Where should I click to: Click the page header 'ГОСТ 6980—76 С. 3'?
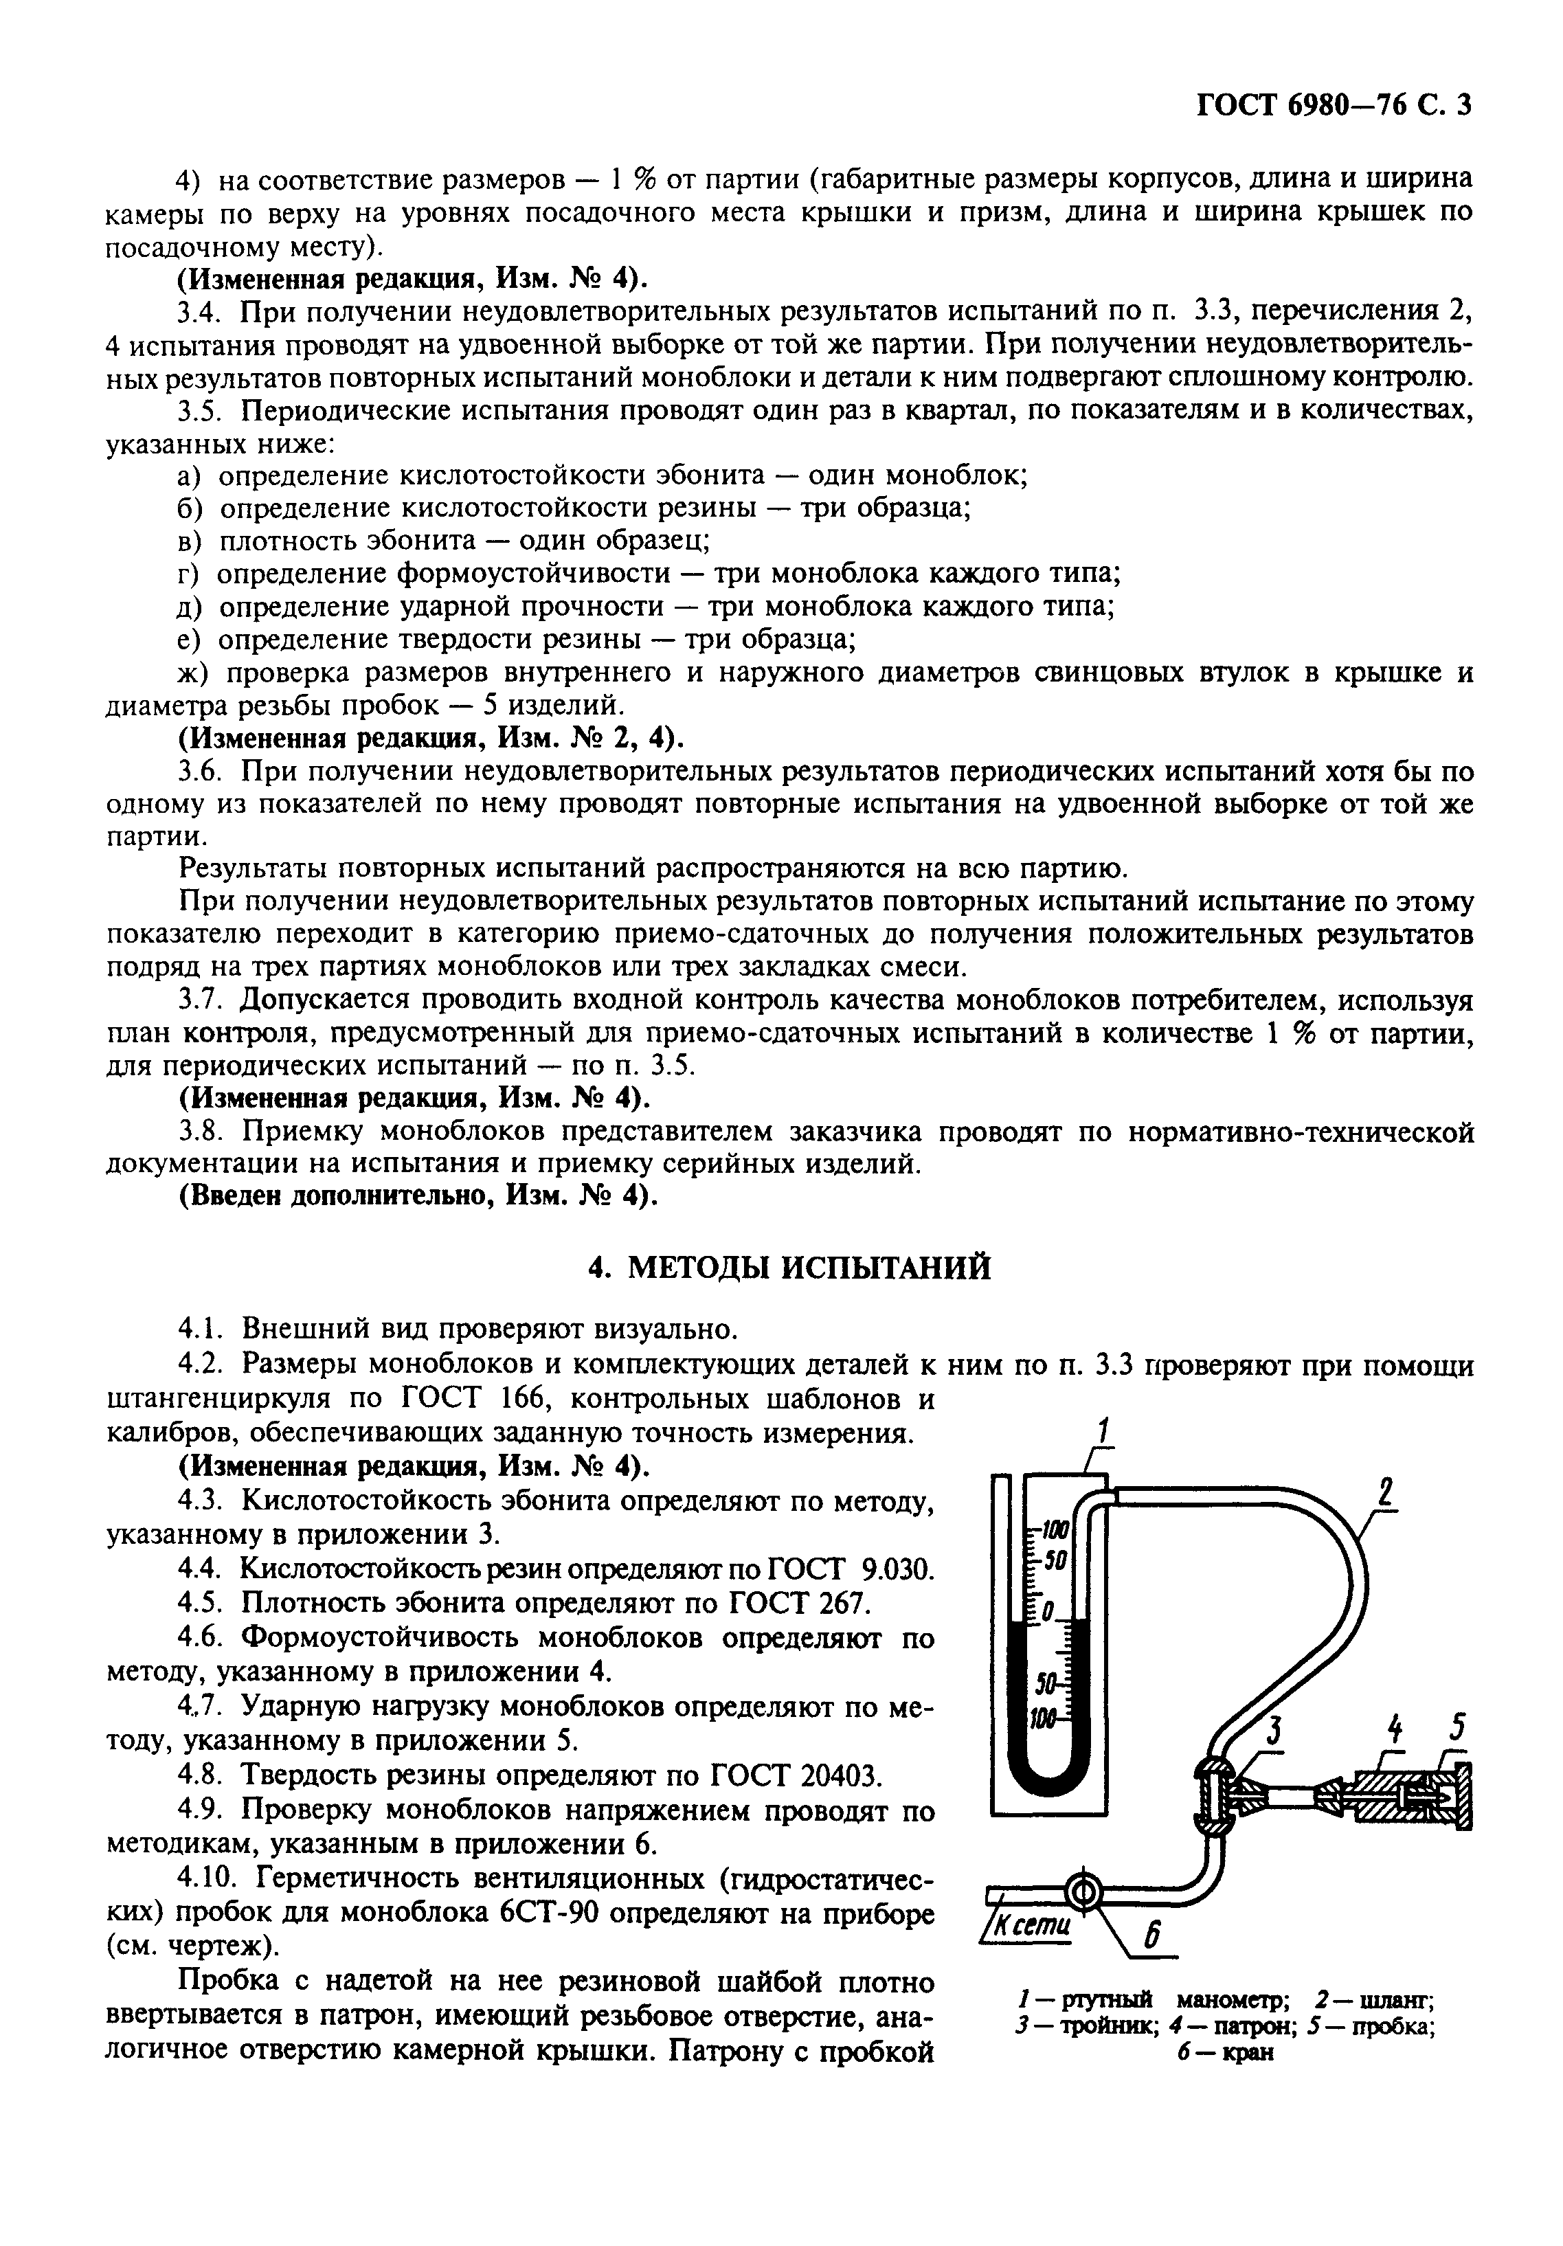coord(1334,104)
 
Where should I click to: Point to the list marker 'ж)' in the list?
coord(192,673)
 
